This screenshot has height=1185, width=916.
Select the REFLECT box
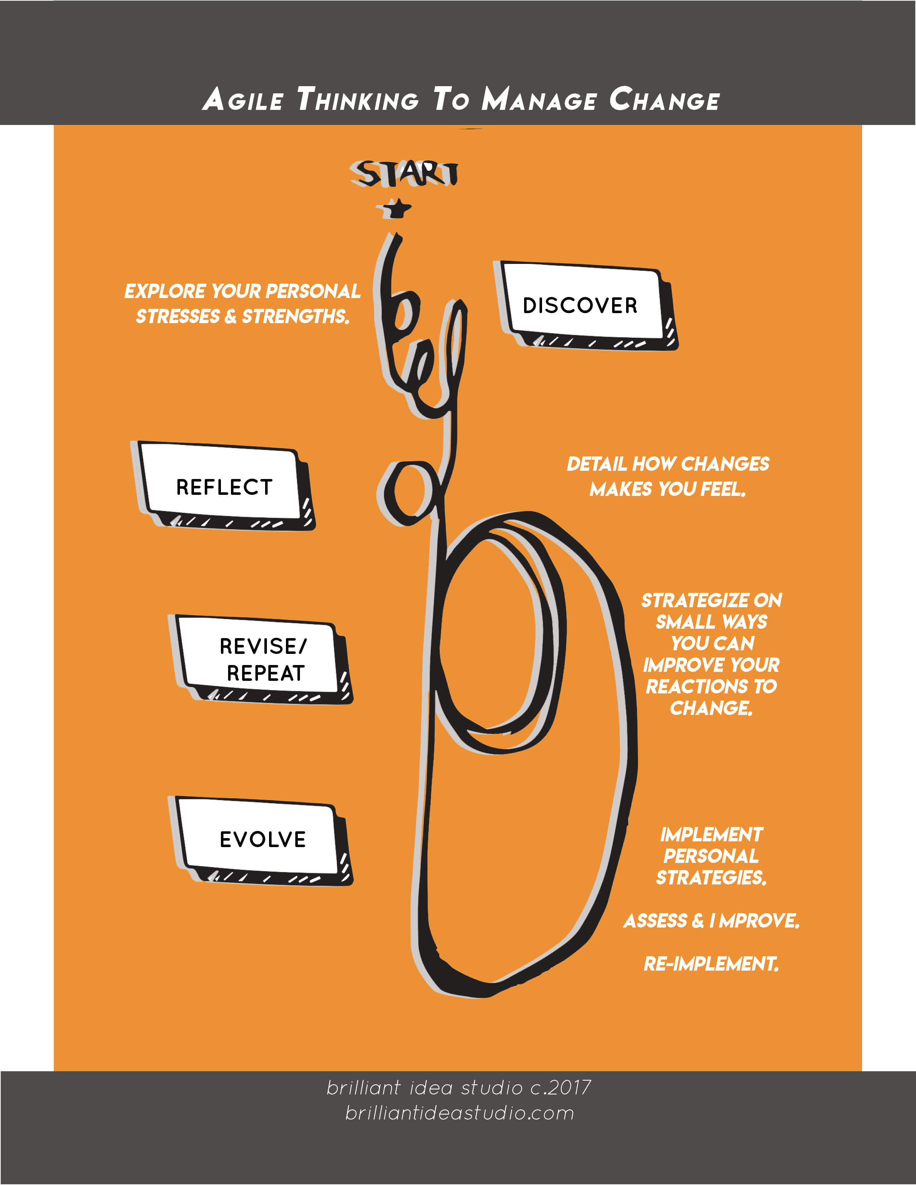(x=223, y=487)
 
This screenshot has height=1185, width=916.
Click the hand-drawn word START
(x=404, y=174)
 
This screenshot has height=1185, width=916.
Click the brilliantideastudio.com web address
(x=459, y=1113)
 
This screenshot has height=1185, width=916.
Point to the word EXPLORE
(x=165, y=291)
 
